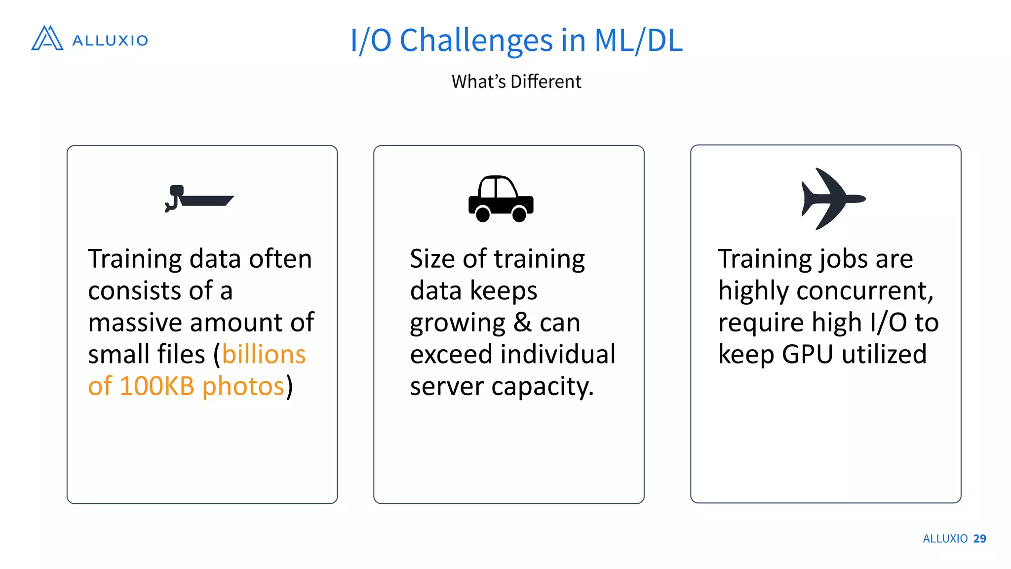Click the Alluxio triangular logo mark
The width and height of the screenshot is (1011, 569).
[x=47, y=39]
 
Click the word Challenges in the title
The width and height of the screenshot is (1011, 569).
[x=476, y=41]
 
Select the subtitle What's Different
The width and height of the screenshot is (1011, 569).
[x=516, y=81]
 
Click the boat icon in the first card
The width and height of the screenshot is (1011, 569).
[x=199, y=199]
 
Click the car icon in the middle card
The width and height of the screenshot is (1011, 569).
[x=501, y=199]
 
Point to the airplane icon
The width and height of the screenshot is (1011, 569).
[x=832, y=199]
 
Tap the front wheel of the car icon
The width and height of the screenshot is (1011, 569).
[x=519, y=214]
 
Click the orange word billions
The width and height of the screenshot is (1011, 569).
[x=264, y=354]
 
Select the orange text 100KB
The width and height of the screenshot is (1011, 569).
[x=157, y=386]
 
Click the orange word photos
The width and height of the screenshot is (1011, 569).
[x=243, y=386]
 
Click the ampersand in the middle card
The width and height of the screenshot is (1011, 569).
[x=522, y=323]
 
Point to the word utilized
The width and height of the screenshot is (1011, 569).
[x=884, y=354]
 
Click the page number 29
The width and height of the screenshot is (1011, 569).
[x=979, y=539]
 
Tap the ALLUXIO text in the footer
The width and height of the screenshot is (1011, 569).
[x=945, y=539]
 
